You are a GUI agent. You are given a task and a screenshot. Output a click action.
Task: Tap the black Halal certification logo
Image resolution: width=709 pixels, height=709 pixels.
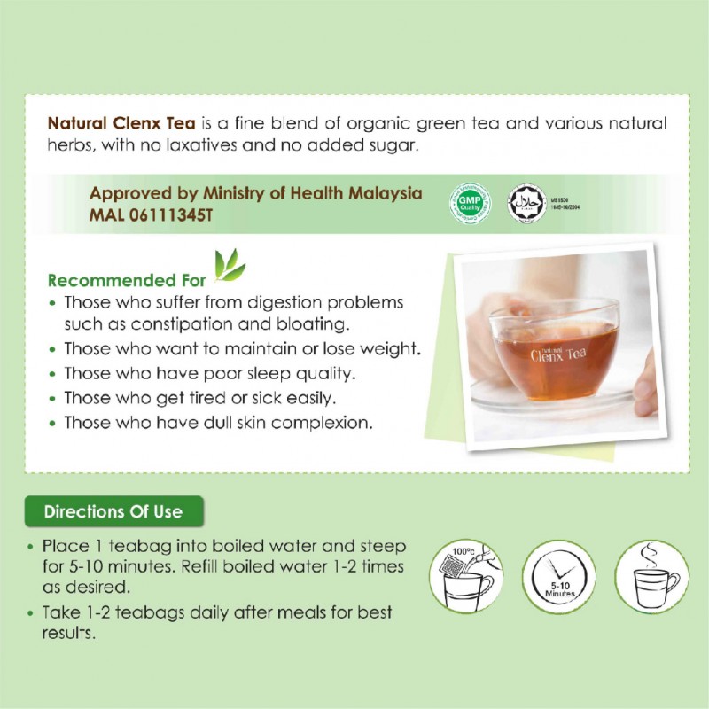click(524, 205)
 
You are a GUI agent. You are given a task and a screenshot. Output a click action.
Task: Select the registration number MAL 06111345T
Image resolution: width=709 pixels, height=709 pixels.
click(156, 215)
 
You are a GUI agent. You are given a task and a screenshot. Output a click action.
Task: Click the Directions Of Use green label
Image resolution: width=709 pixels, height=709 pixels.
click(113, 511)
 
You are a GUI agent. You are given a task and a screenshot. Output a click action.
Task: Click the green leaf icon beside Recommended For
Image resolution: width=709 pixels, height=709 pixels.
click(230, 266)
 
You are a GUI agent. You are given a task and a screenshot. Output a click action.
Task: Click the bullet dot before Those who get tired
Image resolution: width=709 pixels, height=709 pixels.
click(55, 398)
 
